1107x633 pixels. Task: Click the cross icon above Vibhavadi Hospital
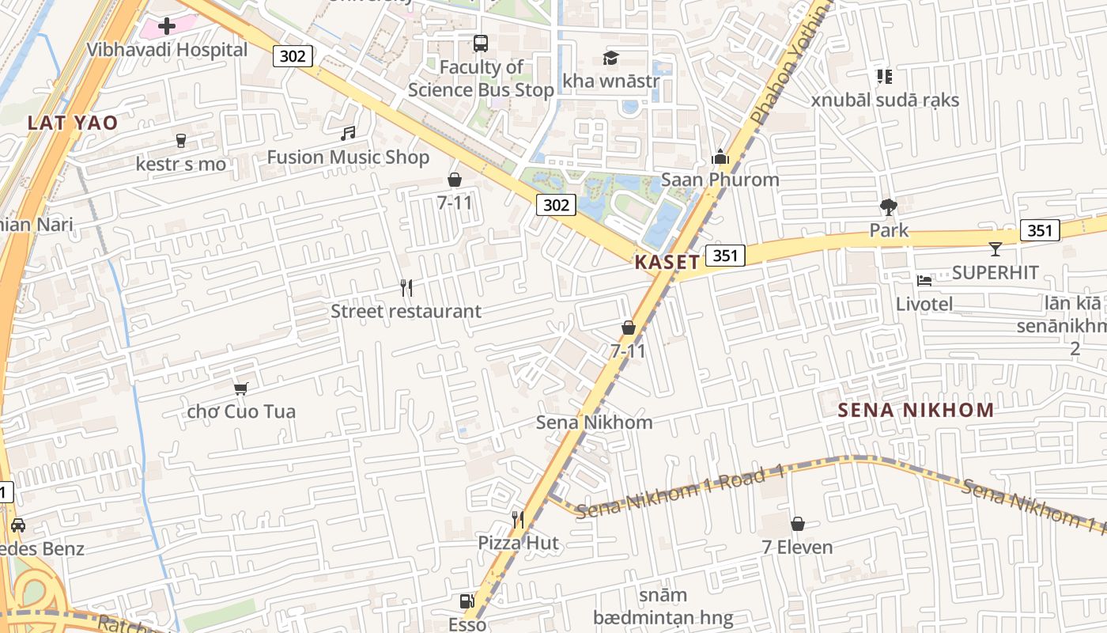[166, 26]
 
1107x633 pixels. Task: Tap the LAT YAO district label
[72, 123]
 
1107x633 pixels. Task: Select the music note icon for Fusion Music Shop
[348, 134]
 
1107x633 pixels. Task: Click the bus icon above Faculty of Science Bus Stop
[480, 44]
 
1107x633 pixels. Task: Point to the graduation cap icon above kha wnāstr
[610, 58]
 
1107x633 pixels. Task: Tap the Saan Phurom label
[720, 180]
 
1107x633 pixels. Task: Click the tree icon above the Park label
[889, 207]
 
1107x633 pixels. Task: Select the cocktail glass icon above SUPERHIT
[995, 249]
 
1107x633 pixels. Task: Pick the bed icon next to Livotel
[924, 280]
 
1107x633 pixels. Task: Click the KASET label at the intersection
[667, 263]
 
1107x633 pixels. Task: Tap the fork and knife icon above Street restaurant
[406, 288]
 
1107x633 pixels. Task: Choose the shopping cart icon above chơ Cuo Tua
[241, 389]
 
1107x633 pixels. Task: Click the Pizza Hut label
[518, 543]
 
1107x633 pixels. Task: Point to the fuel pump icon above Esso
[467, 601]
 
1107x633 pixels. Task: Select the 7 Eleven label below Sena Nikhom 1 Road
[797, 547]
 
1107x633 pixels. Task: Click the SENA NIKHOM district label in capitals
[916, 410]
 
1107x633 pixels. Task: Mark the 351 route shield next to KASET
[725, 255]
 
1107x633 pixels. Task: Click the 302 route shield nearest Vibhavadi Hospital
[293, 55]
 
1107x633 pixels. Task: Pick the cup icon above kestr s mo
[181, 141]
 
